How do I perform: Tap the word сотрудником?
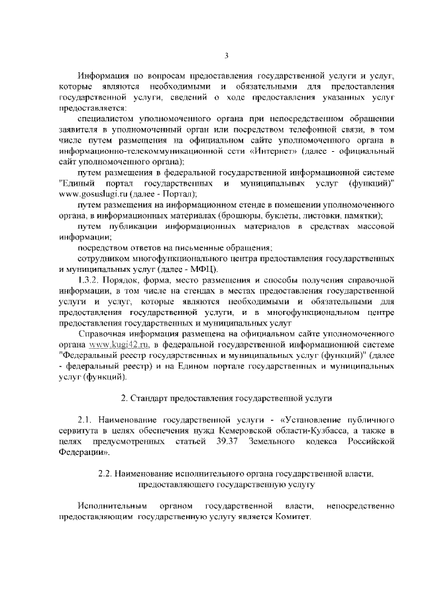(x=103, y=259)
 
